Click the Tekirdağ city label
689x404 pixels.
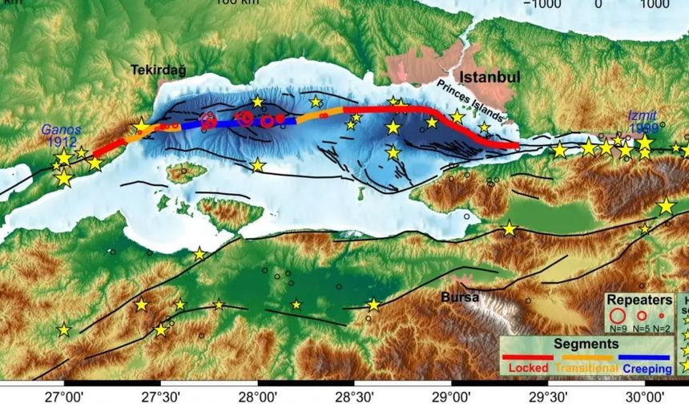tap(158, 71)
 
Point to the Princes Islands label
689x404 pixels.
tap(469, 99)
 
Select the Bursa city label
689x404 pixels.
tap(460, 297)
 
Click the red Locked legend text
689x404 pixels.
tap(527, 367)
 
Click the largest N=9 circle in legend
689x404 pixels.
tap(617, 315)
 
